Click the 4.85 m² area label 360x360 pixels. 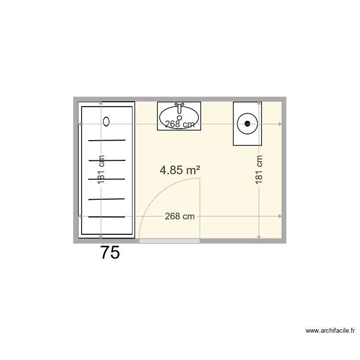[x=180, y=170]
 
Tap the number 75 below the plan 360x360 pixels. [x=110, y=253]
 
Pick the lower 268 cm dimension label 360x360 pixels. [x=180, y=216]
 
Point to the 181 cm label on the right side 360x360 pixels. [x=259, y=169]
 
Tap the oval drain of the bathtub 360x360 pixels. [x=107, y=121]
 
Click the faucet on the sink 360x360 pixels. [x=180, y=105]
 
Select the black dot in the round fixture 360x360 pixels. [x=248, y=123]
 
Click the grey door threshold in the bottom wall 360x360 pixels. [x=169, y=241]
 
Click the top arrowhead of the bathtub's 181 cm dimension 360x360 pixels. [x=101, y=103]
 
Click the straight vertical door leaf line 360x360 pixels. [x=200, y=208]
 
